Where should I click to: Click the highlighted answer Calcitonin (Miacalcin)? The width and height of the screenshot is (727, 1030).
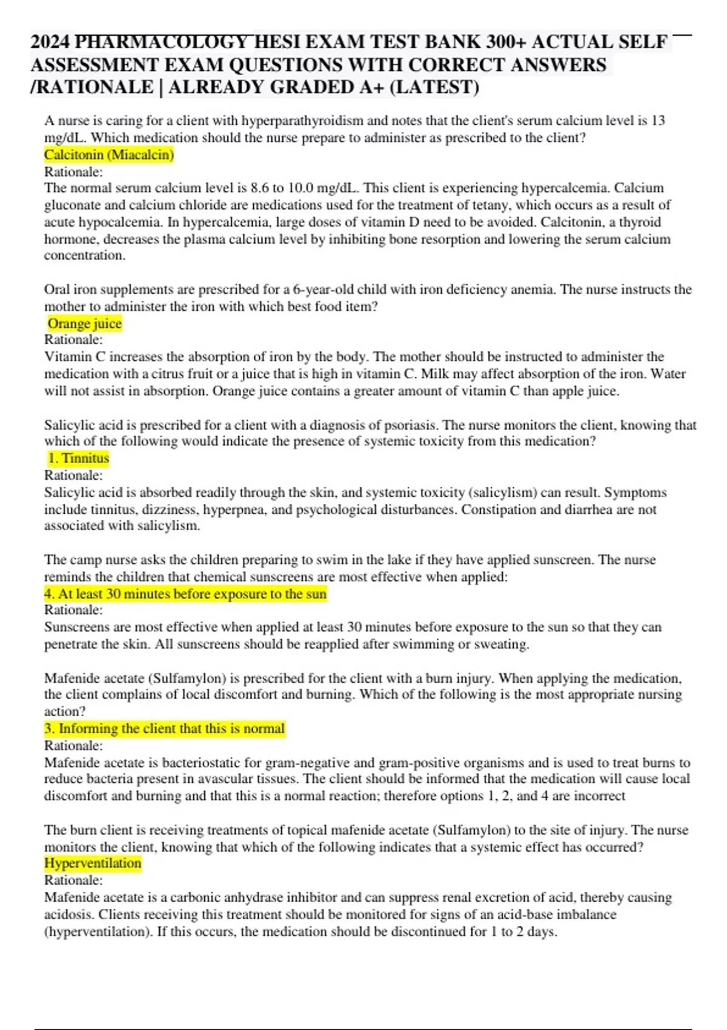tap(109, 155)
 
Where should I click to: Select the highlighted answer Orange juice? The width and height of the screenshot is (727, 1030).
tap(85, 324)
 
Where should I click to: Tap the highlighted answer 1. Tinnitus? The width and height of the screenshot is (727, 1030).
tap(79, 458)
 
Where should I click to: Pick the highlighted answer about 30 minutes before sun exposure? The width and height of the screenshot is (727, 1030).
tap(185, 594)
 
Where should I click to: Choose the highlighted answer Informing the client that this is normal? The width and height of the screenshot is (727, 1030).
tap(164, 728)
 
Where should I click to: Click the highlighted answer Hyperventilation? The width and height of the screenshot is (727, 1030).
tap(93, 863)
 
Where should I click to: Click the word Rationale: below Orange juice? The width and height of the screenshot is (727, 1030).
tap(73, 340)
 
